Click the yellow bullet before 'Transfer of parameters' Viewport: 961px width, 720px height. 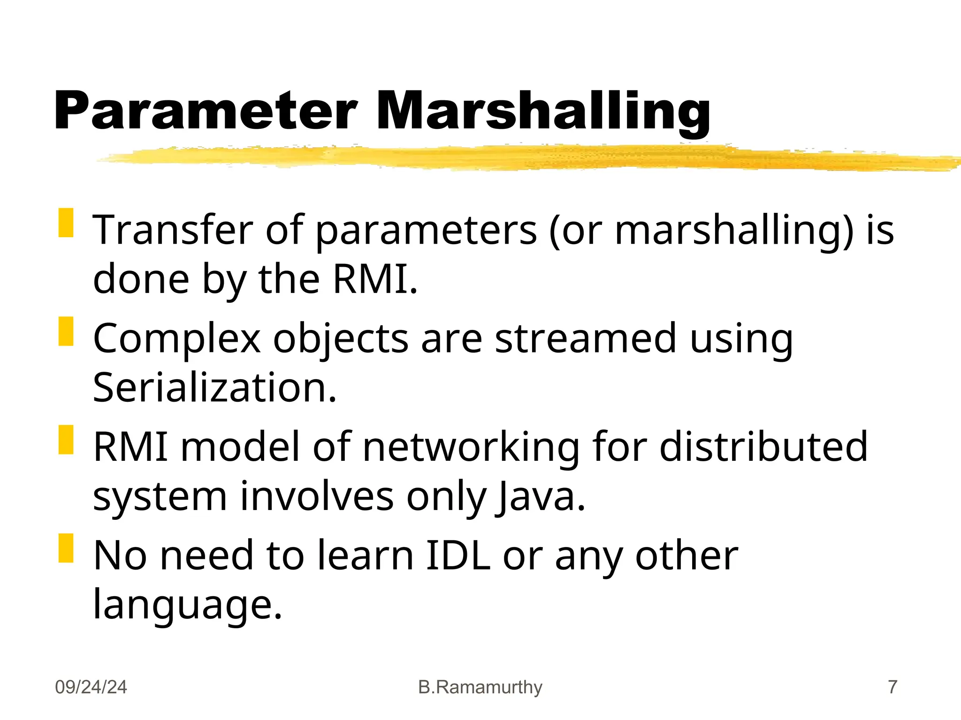66,223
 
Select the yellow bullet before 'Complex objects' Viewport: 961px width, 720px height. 66,331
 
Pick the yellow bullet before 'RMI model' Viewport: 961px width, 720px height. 66,440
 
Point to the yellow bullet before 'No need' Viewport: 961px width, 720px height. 66,548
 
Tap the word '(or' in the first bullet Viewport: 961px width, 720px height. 575,231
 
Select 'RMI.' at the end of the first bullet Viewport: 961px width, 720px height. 375,279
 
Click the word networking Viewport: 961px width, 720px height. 471,448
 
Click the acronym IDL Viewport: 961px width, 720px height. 458,555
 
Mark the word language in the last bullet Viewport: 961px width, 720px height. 187,605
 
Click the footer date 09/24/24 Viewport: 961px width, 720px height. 91,687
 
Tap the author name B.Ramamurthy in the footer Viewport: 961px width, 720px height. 480,687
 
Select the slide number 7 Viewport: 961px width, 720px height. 892,687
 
